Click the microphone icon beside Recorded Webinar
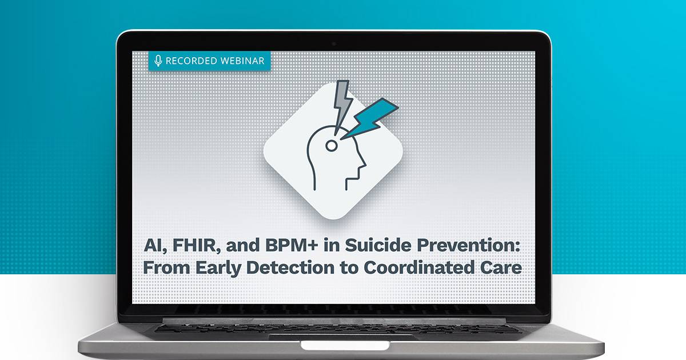158,61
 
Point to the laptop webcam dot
333,44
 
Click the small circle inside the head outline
331,146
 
